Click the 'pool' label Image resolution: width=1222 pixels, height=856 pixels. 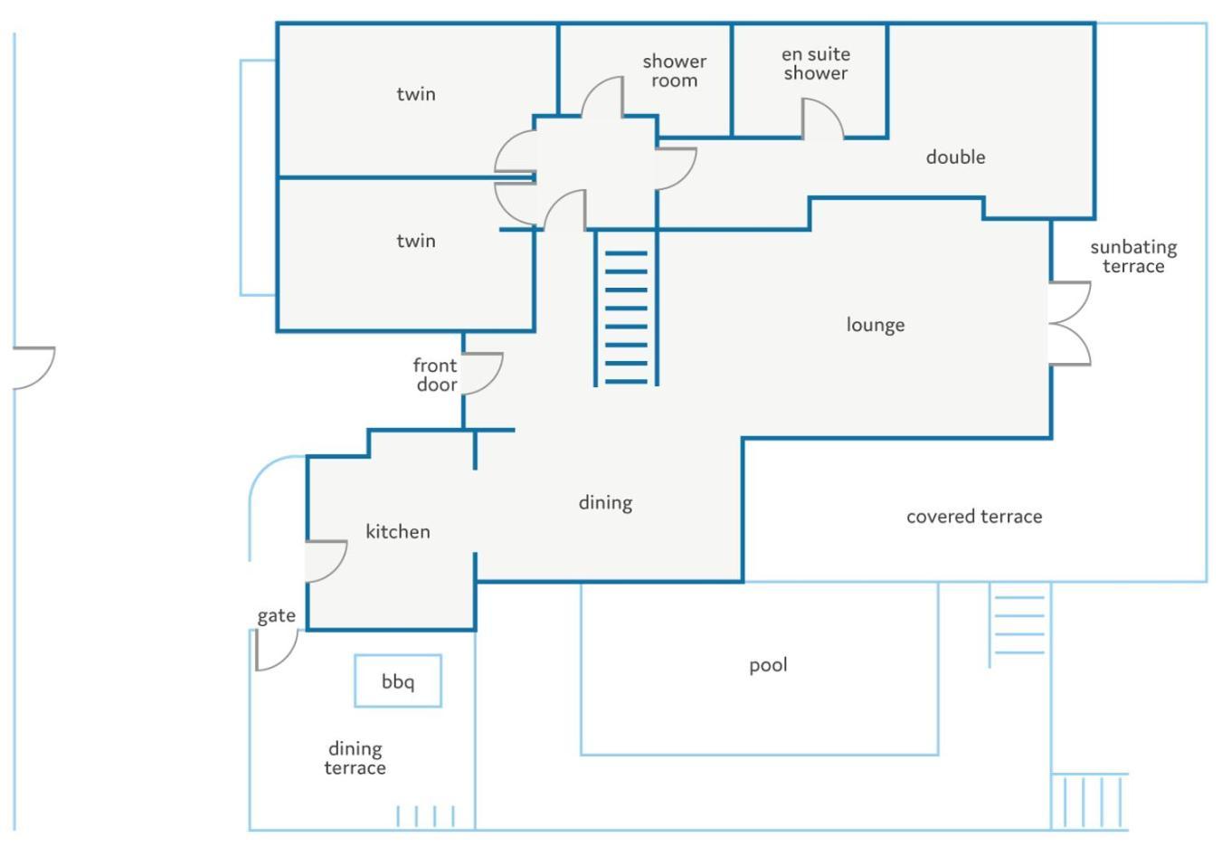point(768,665)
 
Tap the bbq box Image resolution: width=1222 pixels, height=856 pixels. point(398,680)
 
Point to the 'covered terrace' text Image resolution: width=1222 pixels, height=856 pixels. point(974,517)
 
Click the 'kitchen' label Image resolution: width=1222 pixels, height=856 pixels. point(398,531)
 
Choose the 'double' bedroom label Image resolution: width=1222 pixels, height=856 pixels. point(956,157)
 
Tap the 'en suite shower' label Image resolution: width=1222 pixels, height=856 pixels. point(816,64)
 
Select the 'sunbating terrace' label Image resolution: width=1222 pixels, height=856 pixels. point(1133,257)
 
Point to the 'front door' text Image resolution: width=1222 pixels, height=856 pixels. point(435,375)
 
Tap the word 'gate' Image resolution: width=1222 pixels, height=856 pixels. point(276,616)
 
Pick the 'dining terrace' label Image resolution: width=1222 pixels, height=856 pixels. point(355,758)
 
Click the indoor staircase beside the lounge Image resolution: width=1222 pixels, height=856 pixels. point(626,309)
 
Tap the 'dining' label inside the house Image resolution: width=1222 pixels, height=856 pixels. point(605,503)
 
